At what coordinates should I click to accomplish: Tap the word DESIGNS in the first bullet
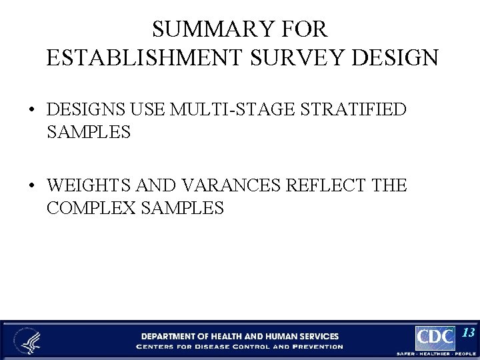[x=86, y=109]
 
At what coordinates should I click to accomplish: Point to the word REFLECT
[x=326, y=185]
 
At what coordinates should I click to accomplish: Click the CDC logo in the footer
[x=435, y=338]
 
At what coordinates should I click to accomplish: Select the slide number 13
[x=468, y=333]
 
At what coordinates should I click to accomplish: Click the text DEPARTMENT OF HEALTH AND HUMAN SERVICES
[x=239, y=336]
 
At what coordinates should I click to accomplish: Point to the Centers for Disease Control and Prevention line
[x=239, y=347]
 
